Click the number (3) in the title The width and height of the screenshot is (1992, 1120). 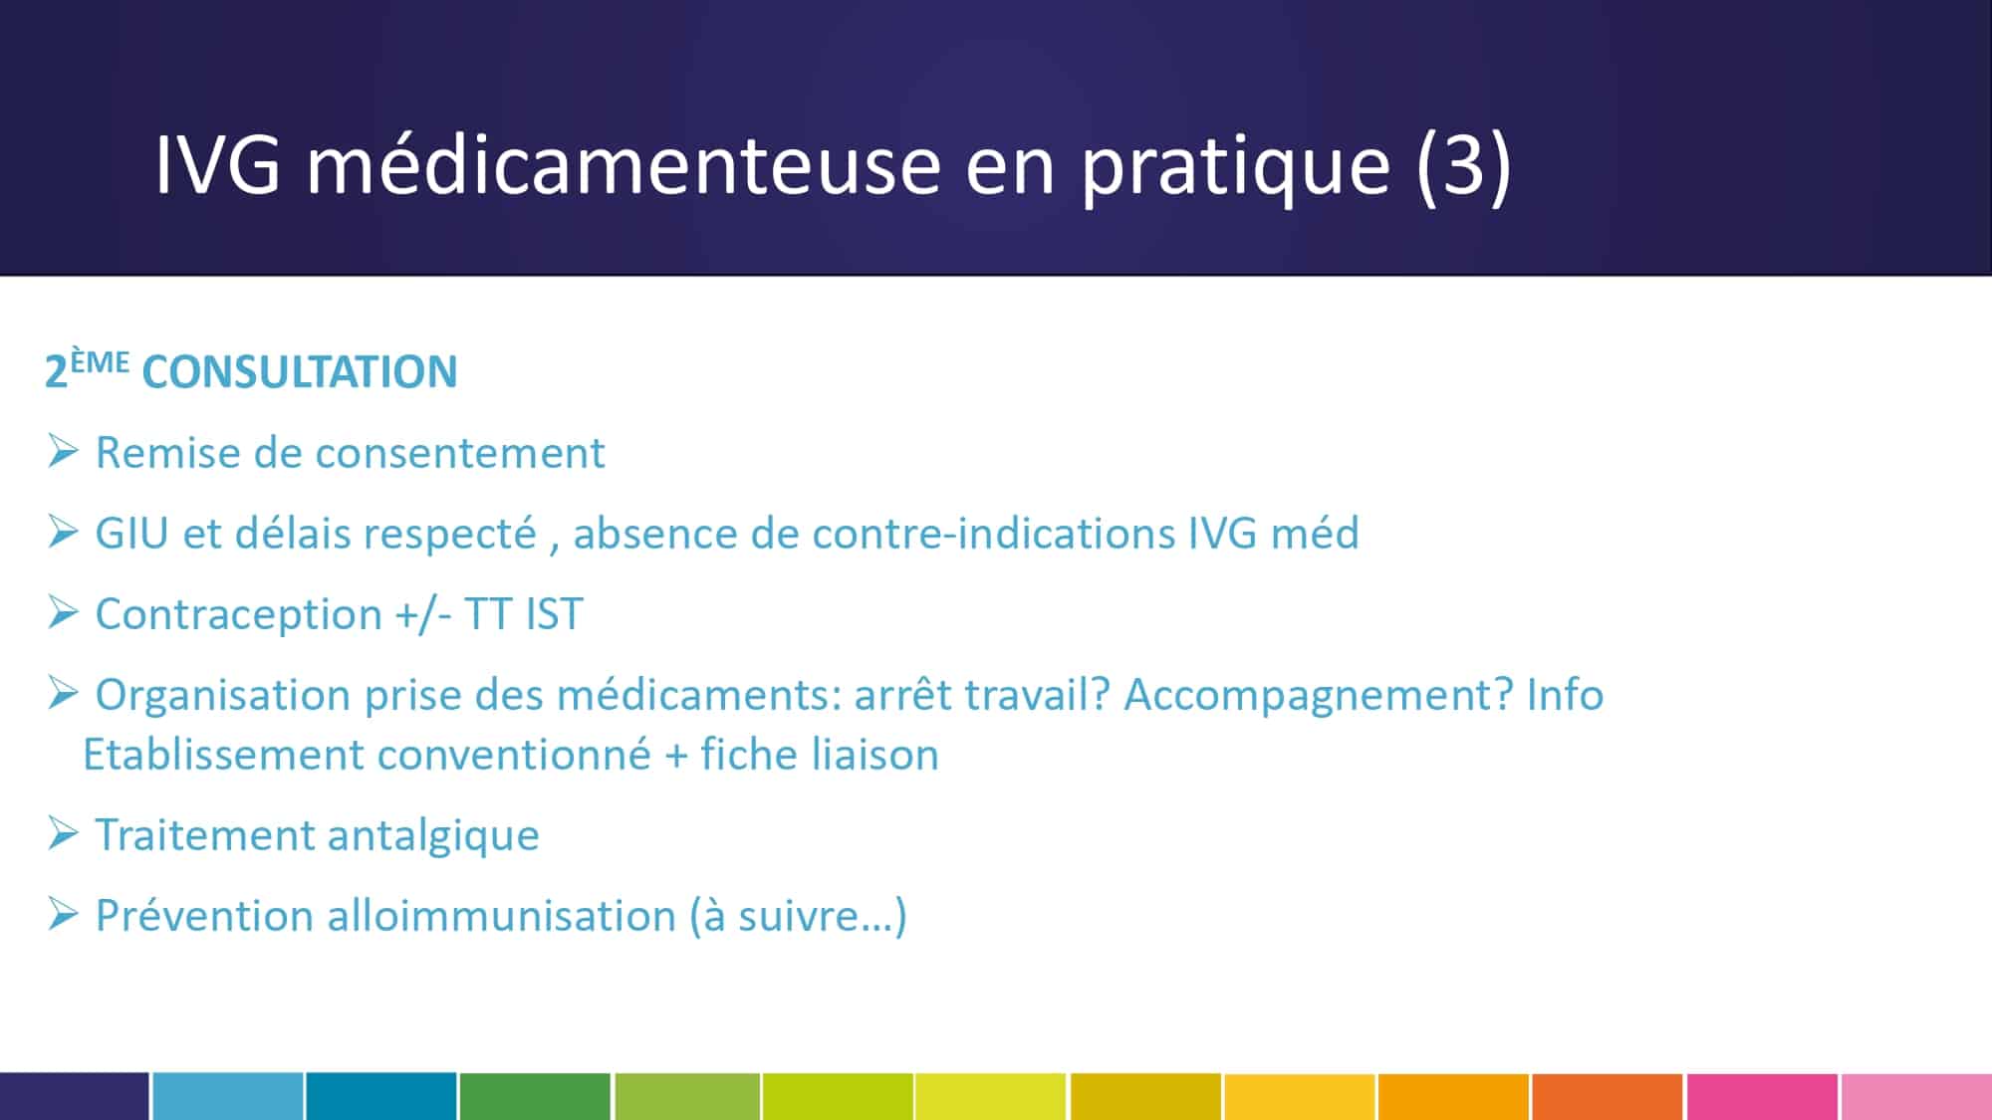click(x=1463, y=165)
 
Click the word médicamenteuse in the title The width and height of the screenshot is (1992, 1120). click(x=623, y=164)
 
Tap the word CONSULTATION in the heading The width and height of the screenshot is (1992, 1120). click(x=300, y=372)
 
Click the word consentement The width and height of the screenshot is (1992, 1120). click(x=461, y=453)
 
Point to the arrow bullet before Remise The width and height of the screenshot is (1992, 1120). click(x=63, y=451)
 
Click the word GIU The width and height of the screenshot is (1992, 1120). click(x=131, y=534)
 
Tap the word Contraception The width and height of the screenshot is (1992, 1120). click(x=238, y=614)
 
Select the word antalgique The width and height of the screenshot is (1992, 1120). click(x=433, y=836)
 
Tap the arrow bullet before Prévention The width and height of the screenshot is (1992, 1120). click(x=63, y=913)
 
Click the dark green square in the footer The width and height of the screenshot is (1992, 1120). click(x=535, y=1096)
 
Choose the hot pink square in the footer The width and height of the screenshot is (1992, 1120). click(x=1762, y=1096)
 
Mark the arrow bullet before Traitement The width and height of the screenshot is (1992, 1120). click(x=63, y=833)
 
